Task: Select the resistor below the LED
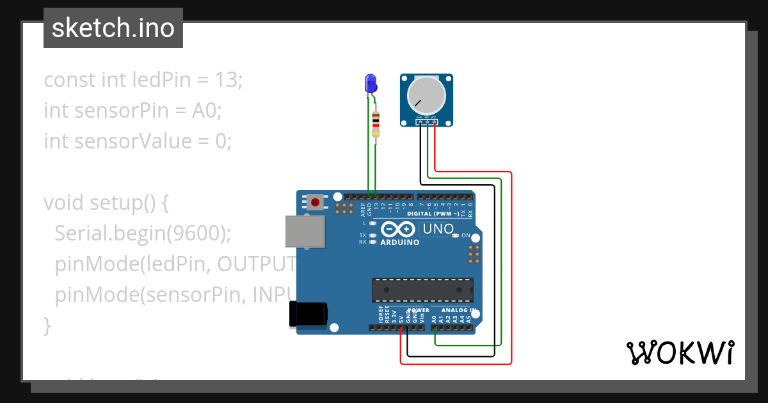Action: coord(376,123)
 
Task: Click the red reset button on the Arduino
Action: coord(315,202)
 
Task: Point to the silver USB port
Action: coord(305,231)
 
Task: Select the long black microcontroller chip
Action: coord(423,290)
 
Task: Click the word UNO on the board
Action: coord(438,229)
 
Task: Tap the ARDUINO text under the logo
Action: coord(400,242)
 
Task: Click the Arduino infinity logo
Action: coord(398,229)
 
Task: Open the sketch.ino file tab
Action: coord(113,28)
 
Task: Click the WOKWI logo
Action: coord(680,352)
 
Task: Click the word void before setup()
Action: coord(64,203)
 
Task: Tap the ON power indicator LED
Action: coord(455,235)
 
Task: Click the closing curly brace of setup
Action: coord(47,325)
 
